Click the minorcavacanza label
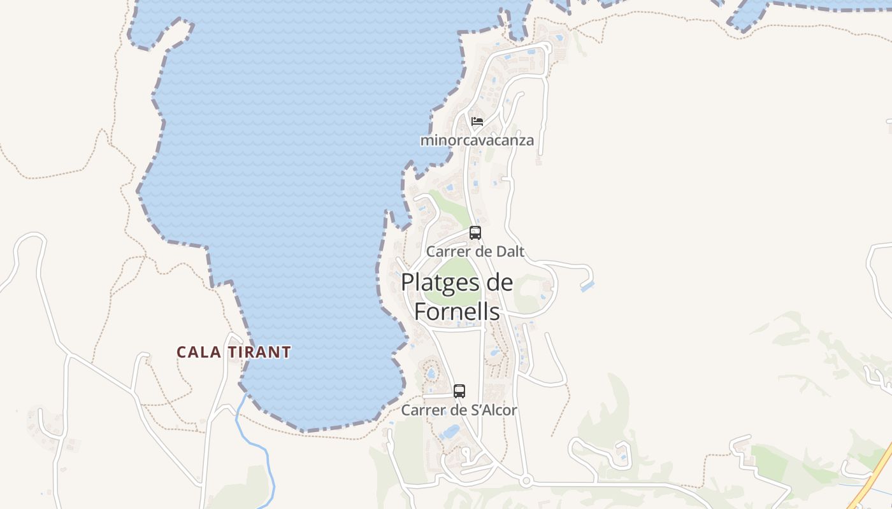tap(477, 140)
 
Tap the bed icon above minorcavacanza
tap(477, 121)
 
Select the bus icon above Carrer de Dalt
tap(475, 233)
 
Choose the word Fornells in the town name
tap(457, 311)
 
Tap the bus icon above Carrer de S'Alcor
tap(459, 391)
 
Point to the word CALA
tap(194, 352)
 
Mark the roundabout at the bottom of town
tap(526, 481)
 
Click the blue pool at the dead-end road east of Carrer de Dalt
tap(587, 287)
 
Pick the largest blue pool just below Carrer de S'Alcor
tap(450, 432)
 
